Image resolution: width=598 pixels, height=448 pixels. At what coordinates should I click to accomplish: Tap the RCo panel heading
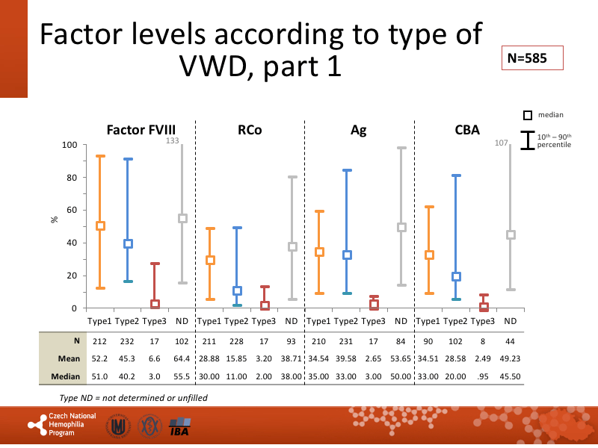click(250, 130)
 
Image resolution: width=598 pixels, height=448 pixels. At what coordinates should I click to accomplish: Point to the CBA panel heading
click(467, 130)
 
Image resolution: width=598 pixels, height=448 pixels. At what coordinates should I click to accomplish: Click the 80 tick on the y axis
click(72, 178)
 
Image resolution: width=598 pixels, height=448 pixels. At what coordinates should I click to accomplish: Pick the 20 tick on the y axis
click(72, 276)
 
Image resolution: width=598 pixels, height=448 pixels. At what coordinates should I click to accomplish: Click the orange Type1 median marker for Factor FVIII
click(100, 225)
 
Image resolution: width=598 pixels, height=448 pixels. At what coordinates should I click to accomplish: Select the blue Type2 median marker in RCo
click(237, 290)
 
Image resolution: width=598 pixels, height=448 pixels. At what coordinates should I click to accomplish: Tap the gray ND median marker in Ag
click(401, 227)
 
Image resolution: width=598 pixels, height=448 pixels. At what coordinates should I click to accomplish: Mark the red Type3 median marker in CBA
click(484, 306)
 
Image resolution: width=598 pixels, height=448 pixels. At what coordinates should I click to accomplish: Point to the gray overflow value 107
click(502, 142)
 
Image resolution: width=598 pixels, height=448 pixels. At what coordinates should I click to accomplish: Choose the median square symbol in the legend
click(528, 115)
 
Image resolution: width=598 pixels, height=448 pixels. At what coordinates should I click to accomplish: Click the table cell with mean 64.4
click(182, 358)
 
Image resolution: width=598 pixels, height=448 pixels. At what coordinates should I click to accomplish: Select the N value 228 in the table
click(236, 340)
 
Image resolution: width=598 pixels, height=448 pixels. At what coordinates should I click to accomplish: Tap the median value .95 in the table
click(484, 375)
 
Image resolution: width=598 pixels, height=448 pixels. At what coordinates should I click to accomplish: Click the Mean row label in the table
click(70, 358)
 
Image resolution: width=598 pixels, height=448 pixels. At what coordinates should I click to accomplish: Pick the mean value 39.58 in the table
click(346, 358)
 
